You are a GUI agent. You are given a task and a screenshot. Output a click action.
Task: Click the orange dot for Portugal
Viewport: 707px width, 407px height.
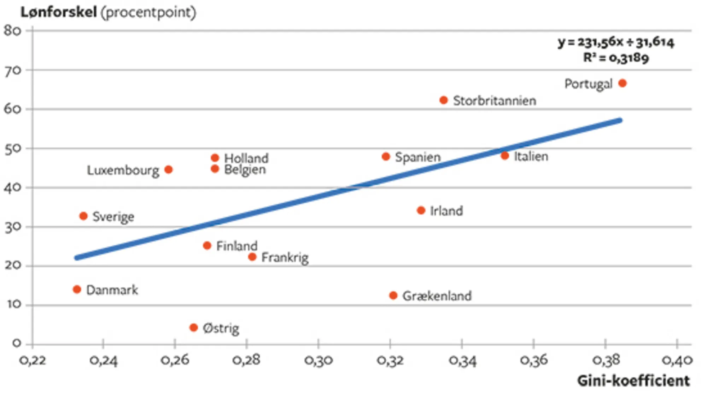pyautogui.click(x=622, y=83)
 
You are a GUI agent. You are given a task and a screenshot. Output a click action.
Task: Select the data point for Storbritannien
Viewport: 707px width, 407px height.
pyautogui.click(x=443, y=100)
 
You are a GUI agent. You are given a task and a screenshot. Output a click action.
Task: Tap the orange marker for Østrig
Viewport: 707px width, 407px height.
pyautogui.click(x=193, y=328)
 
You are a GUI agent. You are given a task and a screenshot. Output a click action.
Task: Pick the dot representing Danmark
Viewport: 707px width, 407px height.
pyautogui.click(x=77, y=289)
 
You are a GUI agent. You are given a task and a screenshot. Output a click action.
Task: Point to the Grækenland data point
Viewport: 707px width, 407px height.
pyautogui.click(x=393, y=295)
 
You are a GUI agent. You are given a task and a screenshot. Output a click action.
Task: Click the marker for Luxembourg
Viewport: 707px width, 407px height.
pyautogui.click(x=169, y=170)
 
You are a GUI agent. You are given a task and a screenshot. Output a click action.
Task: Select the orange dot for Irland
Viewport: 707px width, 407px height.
pyautogui.click(x=421, y=210)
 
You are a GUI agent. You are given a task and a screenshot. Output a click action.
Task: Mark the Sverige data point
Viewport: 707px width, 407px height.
pyautogui.click(x=83, y=216)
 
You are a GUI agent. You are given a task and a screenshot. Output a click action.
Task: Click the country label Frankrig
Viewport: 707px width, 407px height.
pyautogui.click(x=285, y=258)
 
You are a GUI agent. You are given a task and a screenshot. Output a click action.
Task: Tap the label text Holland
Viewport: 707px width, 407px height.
pyautogui.click(x=246, y=158)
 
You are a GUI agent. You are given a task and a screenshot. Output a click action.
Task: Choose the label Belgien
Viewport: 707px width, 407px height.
pyautogui.click(x=245, y=170)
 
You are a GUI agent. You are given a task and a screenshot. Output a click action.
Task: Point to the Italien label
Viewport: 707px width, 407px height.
pyautogui.click(x=531, y=156)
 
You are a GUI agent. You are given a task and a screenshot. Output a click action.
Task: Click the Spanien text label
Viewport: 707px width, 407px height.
pyautogui.click(x=418, y=157)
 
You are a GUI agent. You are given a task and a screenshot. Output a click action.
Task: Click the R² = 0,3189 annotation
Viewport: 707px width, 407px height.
pyautogui.click(x=616, y=58)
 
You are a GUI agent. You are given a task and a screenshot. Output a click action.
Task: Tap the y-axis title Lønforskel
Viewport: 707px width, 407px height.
pyautogui.click(x=59, y=12)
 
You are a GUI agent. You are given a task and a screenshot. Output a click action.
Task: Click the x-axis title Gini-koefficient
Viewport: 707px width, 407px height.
pyautogui.click(x=633, y=381)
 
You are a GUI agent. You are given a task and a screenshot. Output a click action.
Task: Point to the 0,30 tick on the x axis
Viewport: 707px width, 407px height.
pyautogui.click(x=319, y=360)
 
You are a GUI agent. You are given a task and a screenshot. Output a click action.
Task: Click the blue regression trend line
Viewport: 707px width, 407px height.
pyautogui.click(x=348, y=189)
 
